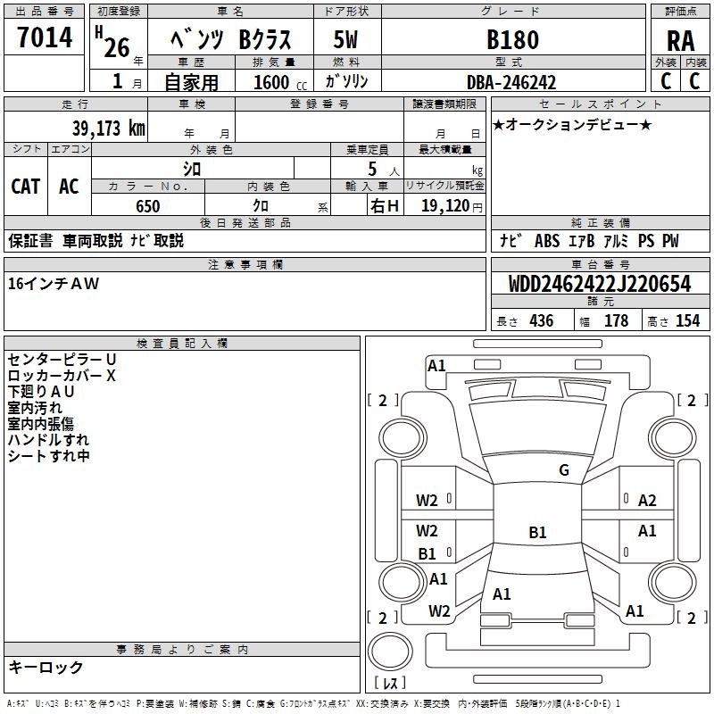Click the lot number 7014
pyautogui.click(x=45, y=39)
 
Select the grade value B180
pyautogui.click(x=512, y=40)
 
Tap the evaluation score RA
pyautogui.click(x=680, y=41)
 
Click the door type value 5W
pyautogui.click(x=346, y=40)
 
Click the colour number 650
pyautogui.click(x=147, y=206)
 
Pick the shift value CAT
pyautogui.click(x=25, y=186)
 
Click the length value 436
pyautogui.click(x=541, y=321)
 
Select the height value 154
pyautogui.click(x=687, y=321)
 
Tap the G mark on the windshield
pyautogui.click(x=563, y=470)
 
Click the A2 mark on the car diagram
pyautogui.click(x=647, y=501)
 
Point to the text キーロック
pyautogui.click(x=46, y=667)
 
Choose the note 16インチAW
pyautogui.click(x=54, y=284)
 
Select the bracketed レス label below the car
pyautogui.click(x=389, y=684)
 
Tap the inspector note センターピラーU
pyautogui.click(x=62, y=360)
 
